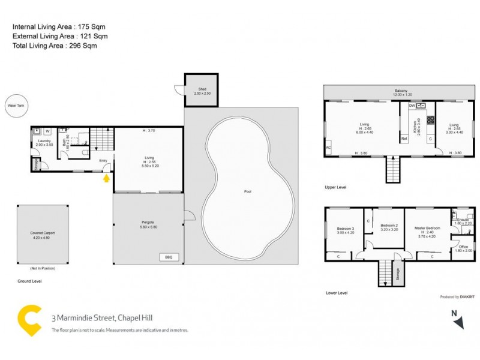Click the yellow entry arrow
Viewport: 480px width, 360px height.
coord(107,178)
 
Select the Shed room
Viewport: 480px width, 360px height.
coord(200,91)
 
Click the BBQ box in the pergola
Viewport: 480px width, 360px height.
coord(169,257)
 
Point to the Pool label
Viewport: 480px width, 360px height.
coord(248,192)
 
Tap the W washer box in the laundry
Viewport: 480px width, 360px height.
coord(47,131)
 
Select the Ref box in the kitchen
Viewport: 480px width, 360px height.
coord(404,139)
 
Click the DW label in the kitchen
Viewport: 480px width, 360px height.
coord(412,106)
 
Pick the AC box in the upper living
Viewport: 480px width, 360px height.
coord(328,146)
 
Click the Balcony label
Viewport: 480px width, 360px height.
coord(400,91)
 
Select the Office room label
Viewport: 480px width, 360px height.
coord(463,248)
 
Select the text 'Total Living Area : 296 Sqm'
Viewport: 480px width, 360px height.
coord(55,45)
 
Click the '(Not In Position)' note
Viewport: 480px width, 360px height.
coord(43,268)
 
